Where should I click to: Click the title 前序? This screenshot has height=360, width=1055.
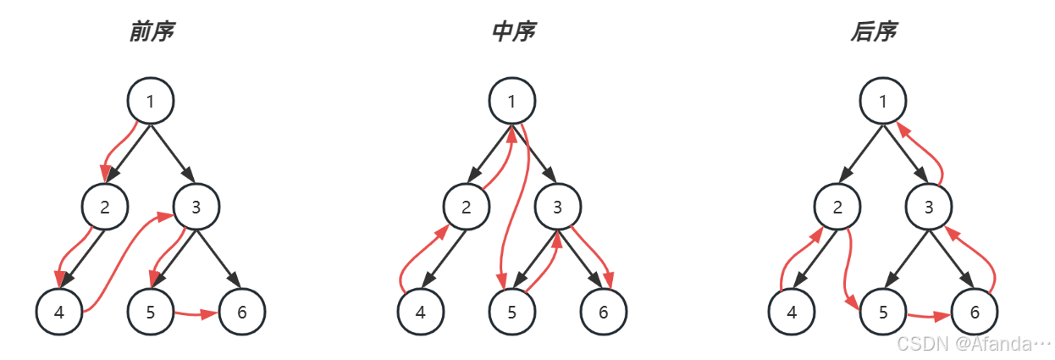(152, 32)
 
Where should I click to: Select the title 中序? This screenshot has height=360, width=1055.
(513, 32)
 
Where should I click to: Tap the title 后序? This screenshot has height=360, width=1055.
(874, 32)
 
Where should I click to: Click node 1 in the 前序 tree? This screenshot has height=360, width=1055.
(151, 102)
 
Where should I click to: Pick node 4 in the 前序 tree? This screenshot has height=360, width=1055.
(59, 312)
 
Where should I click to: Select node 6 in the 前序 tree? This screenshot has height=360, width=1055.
(242, 312)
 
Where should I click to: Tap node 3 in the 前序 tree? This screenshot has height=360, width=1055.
(196, 207)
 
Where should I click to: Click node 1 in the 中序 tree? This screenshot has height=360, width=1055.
(512, 102)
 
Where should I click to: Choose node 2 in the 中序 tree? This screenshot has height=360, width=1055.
(467, 207)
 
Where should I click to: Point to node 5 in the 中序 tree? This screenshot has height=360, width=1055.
(512, 312)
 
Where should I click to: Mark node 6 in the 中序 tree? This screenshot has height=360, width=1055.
(604, 312)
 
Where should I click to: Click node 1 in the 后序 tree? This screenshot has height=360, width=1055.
(883, 102)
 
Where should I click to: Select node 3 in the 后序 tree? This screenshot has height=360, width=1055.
(929, 207)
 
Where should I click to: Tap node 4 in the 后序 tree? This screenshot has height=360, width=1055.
(792, 312)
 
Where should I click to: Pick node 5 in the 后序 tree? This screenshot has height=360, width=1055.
(883, 312)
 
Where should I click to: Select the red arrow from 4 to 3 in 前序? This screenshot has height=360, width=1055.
(119, 263)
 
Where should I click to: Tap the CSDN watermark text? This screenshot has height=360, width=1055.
(975, 344)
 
